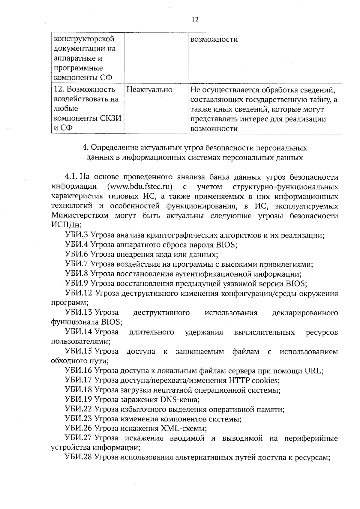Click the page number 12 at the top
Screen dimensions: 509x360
point(195,20)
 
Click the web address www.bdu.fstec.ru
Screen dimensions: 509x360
point(139,187)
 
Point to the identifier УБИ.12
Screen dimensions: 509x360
point(78,293)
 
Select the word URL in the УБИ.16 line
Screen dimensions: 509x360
point(313,371)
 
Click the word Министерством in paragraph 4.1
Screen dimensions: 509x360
point(80,216)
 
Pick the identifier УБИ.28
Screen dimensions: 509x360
point(78,457)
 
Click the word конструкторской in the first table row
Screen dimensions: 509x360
point(84,39)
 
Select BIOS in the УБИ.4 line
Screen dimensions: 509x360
point(226,245)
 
